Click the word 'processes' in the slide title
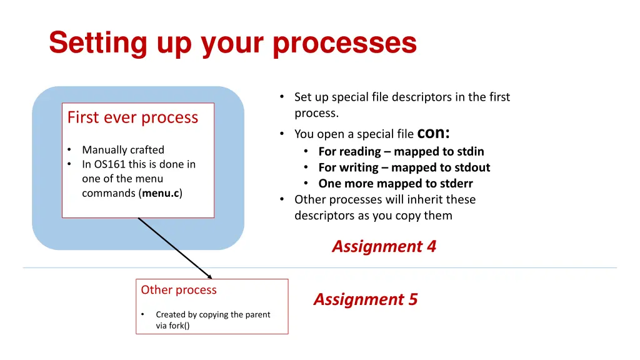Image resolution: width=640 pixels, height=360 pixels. (x=344, y=43)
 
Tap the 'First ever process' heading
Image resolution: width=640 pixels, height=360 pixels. (x=132, y=117)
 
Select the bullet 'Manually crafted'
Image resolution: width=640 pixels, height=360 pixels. (x=123, y=150)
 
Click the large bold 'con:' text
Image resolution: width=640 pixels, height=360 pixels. (x=434, y=132)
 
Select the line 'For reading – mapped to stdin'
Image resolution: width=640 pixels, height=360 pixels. (x=401, y=151)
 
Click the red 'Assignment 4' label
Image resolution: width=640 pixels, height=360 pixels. (x=384, y=246)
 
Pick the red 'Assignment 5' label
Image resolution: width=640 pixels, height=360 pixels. (x=366, y=299)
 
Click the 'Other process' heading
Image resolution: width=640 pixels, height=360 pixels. (x=179, y=290)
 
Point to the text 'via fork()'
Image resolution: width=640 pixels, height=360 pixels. (x=172, y=326)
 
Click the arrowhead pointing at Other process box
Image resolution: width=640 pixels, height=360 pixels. (x=209, y=276)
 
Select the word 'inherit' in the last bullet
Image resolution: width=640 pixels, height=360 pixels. (x=416, y=199)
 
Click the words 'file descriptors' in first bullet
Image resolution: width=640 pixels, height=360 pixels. (x=418, y=97)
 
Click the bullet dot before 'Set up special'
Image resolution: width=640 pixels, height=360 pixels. (x=282, y=97)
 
